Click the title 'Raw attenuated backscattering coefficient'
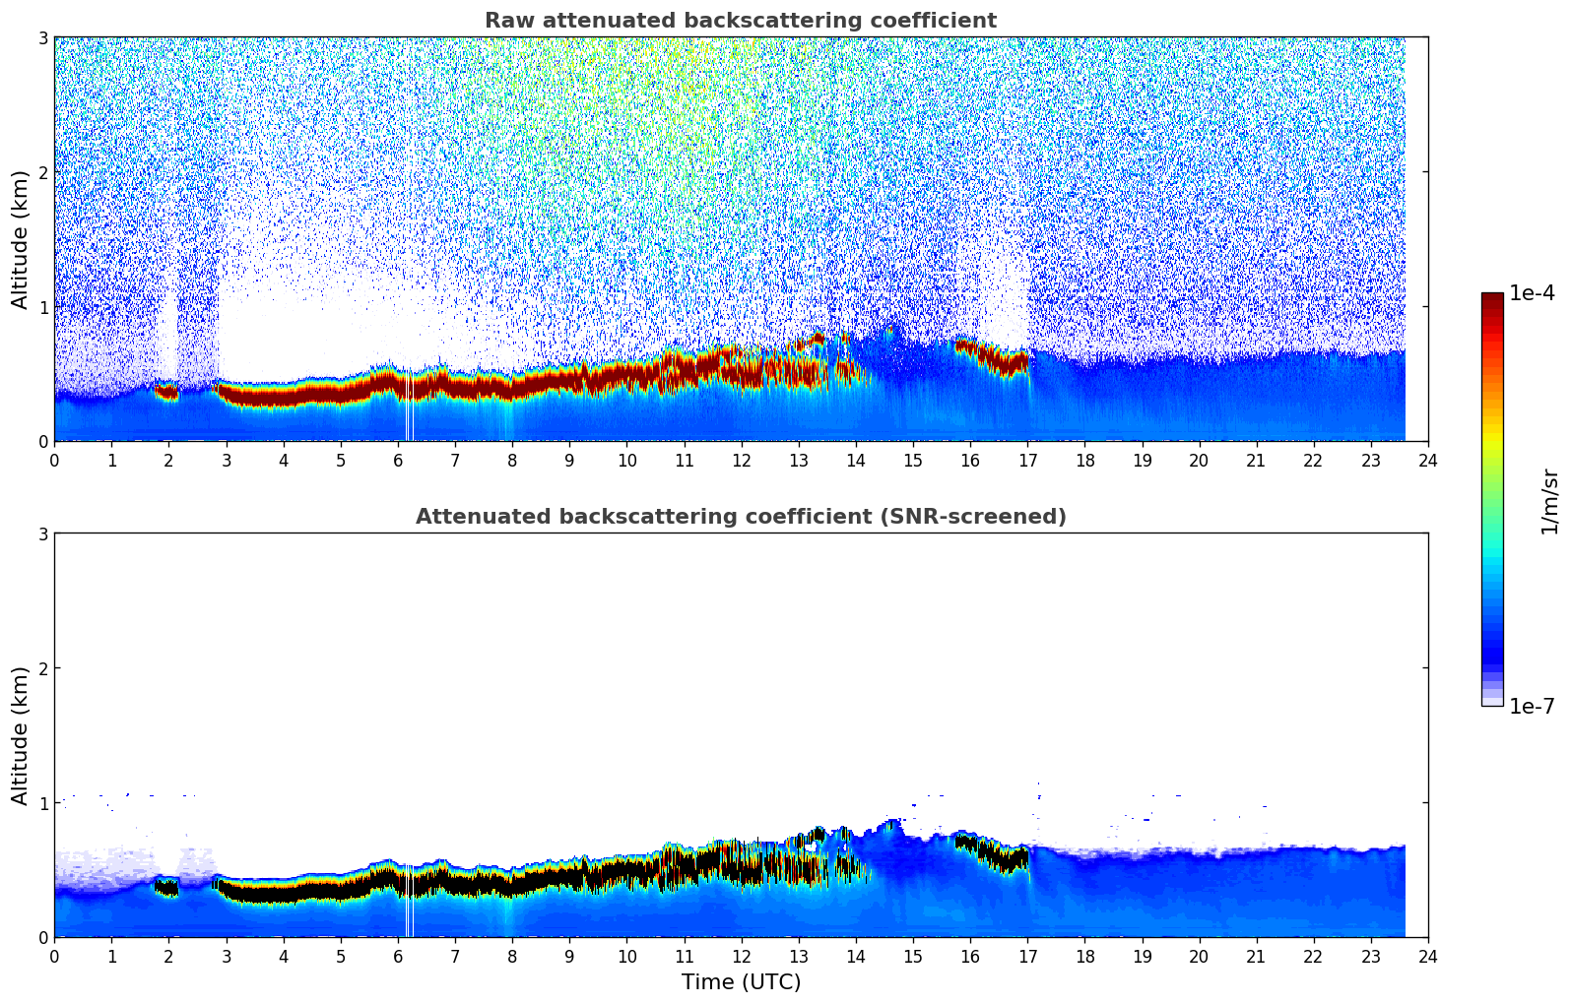click(740, 21)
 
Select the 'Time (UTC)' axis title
click(741, 981)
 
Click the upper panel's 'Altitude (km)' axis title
click(20, 239)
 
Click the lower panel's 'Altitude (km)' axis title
click(20, 735)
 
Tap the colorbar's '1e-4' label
click(1532, 293)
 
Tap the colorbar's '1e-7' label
click(1532, 706)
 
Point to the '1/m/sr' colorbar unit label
click(1548, 502)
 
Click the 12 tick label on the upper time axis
click(741, 461)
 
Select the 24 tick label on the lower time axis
click(1427, 957)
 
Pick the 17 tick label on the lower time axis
click(1027, 957)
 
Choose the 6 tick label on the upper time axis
click(398, 461)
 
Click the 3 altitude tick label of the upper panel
click(42, 37)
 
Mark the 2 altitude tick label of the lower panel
click(42, 668)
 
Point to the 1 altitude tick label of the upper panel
click(42, 307)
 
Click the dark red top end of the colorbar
click(1491, 297)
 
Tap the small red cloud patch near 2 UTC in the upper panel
click(167, 393)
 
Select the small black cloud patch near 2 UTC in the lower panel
click(167, 888)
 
